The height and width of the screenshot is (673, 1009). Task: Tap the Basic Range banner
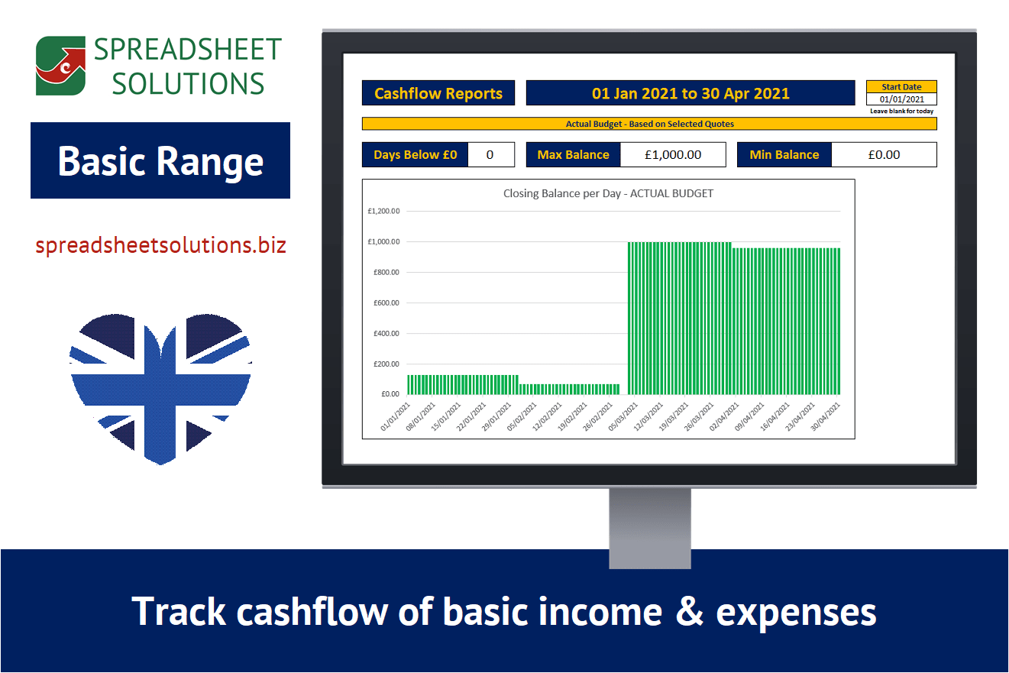tap(160, 160)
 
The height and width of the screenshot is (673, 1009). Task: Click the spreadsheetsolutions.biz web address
tap(160, 245)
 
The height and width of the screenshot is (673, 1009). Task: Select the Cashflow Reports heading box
tap(438, 93)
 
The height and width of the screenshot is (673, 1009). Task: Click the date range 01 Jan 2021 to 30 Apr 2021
tap(690, 93)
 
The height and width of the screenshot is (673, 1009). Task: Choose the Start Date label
tap(901, 86)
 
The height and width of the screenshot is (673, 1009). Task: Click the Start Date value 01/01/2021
tap(901, 99)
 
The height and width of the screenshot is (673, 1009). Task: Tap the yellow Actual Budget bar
tap(649, 124)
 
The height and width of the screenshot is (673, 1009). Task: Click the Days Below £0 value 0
tap(490, 154)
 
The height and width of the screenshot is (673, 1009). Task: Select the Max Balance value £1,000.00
tap(672, 154)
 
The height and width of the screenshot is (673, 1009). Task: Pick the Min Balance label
tap(784, 154)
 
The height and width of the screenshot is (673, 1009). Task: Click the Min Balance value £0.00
tap(884, 154)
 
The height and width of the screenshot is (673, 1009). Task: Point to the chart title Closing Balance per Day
tap(608, 193)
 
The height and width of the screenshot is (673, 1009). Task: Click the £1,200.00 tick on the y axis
tap(383, 212)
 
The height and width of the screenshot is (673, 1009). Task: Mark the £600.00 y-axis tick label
tap(386, 303)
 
